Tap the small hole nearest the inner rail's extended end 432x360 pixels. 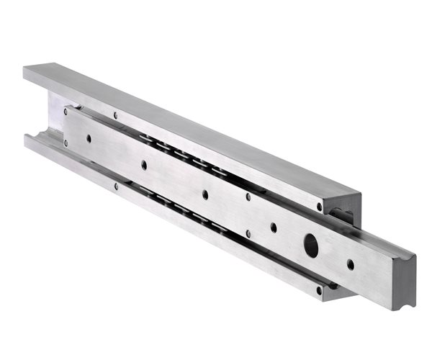point(351,264)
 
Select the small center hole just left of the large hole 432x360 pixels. point(274,228)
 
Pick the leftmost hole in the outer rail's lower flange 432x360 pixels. point(116,186)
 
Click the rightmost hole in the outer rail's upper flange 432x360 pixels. point(319,207)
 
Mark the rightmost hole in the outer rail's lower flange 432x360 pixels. point(318,290)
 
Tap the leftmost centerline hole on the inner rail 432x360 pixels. point(89,138)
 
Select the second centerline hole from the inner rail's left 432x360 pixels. point(144,165)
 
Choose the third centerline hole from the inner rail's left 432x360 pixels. point(205,194)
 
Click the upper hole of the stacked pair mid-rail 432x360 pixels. point(248,197)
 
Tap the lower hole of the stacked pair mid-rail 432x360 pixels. point(248,233)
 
